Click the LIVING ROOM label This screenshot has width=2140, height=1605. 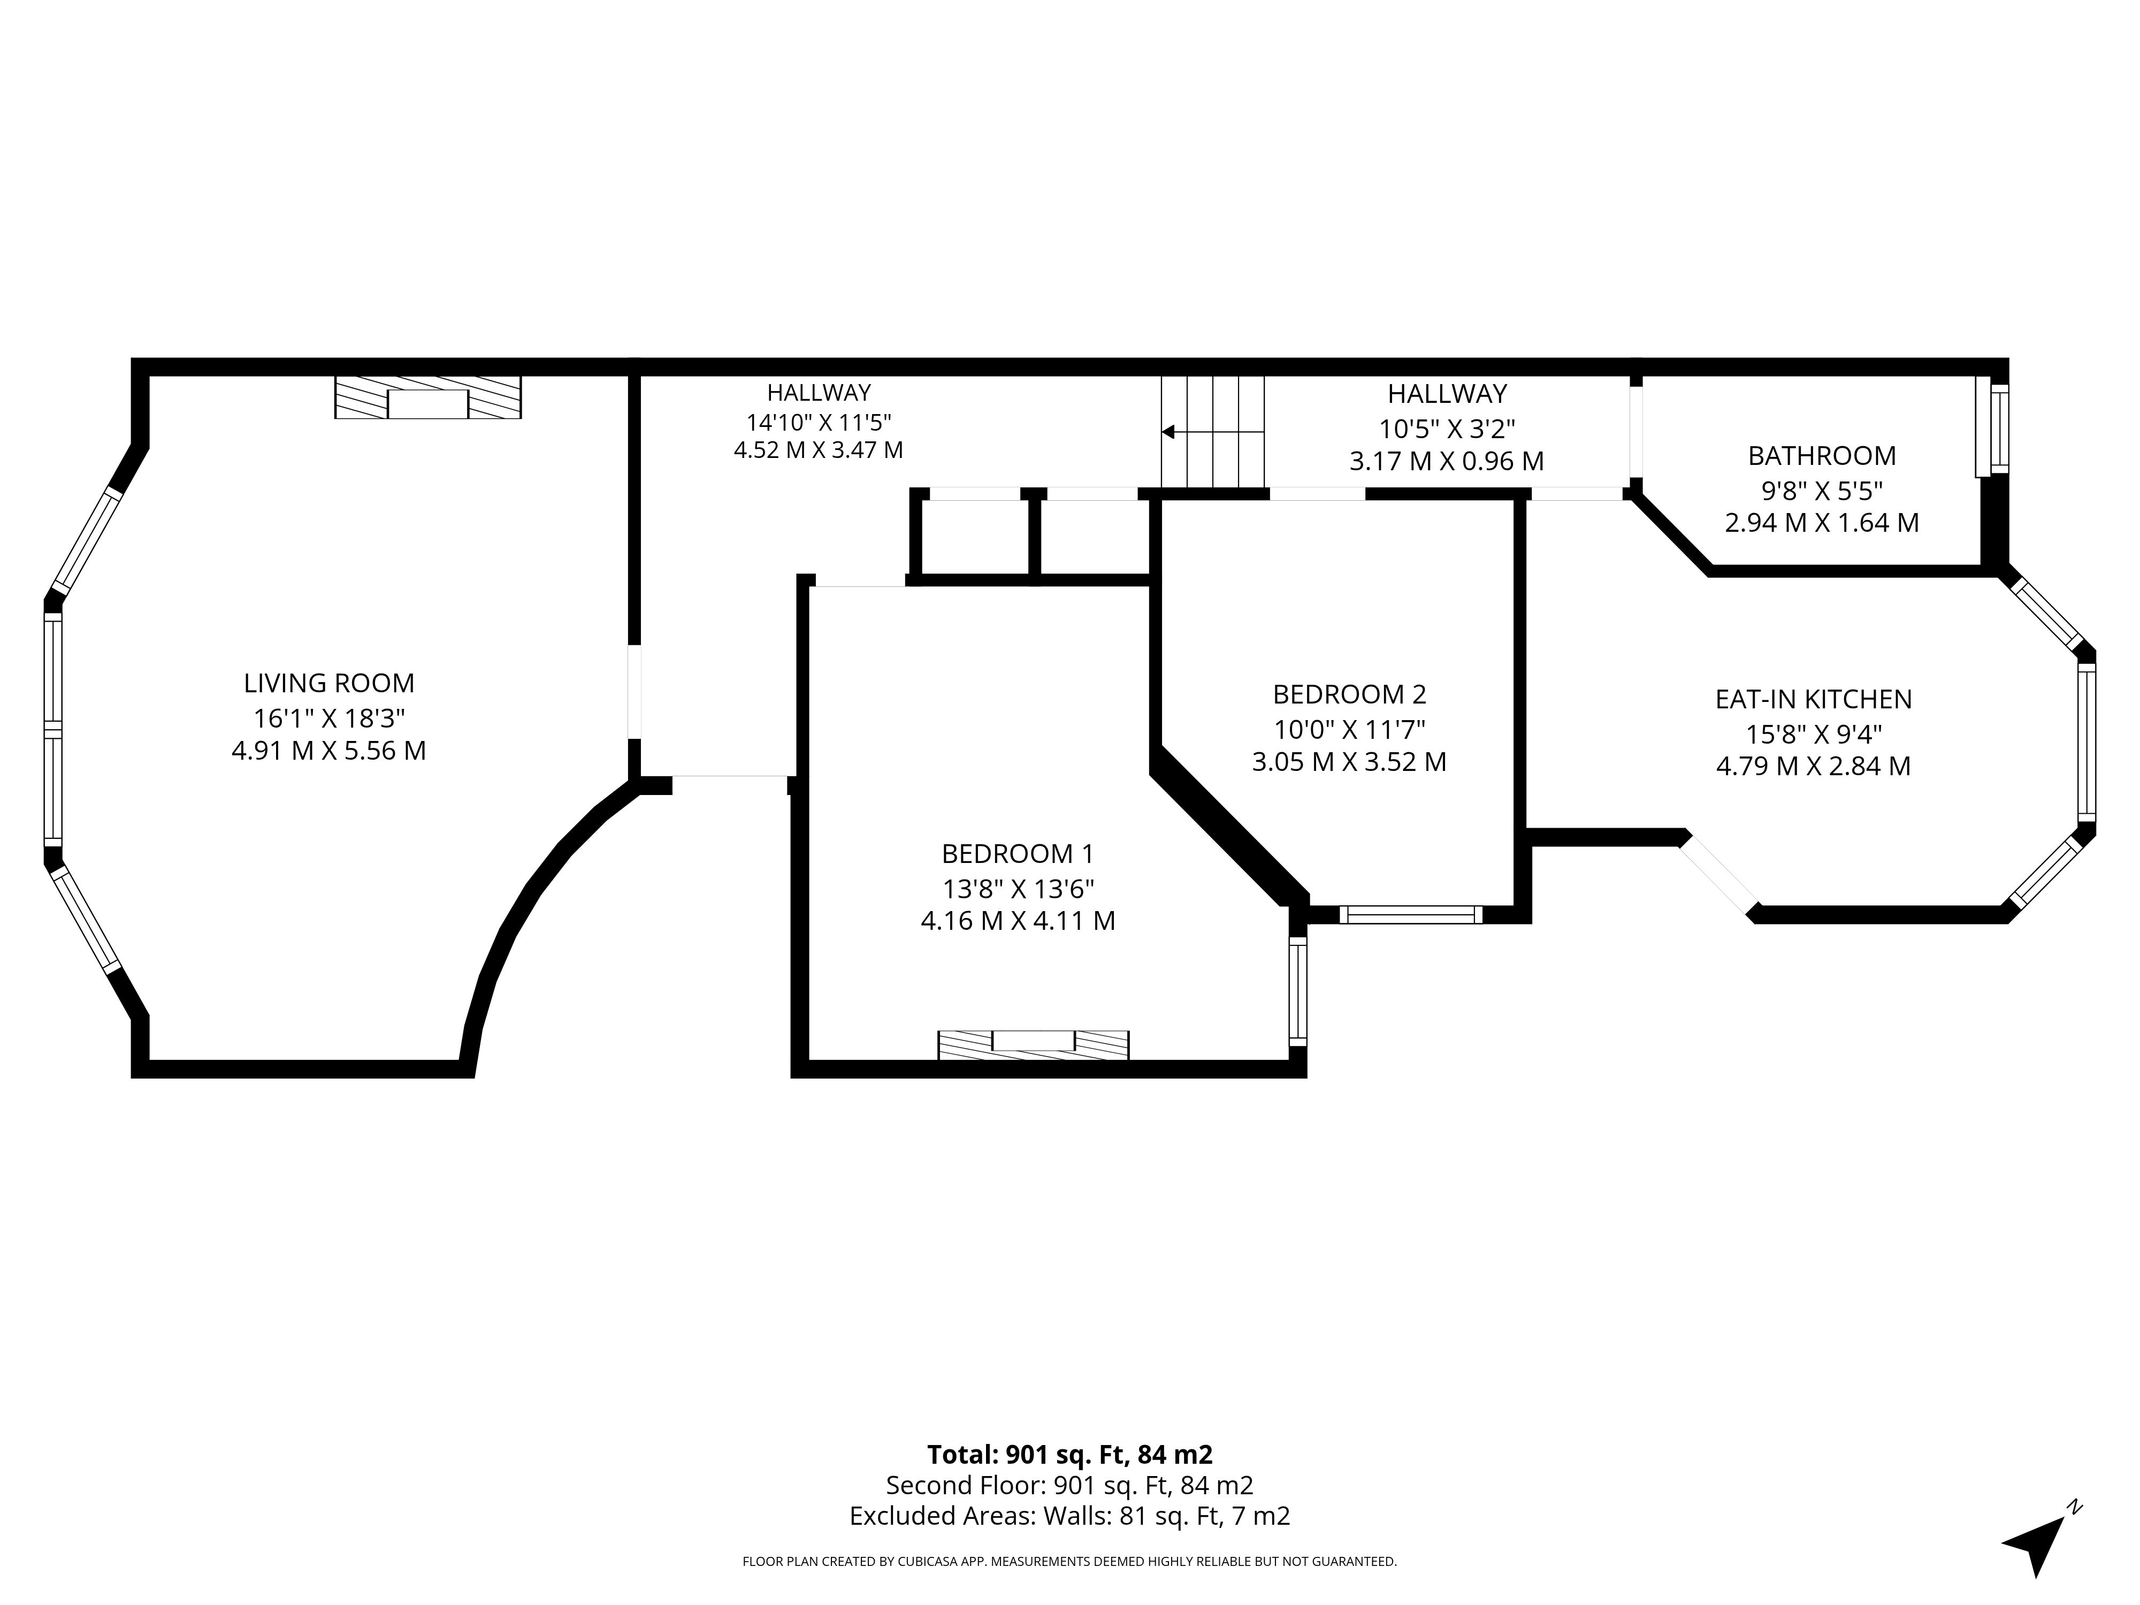point(329,683)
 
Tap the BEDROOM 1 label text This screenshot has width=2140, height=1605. point(1018,854)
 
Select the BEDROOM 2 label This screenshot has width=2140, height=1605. point(1350,694)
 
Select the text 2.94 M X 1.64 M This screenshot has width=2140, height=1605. point(1822,522)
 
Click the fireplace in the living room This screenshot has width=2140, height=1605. point(427,398)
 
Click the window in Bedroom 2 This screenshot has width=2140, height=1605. point(1411,914)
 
